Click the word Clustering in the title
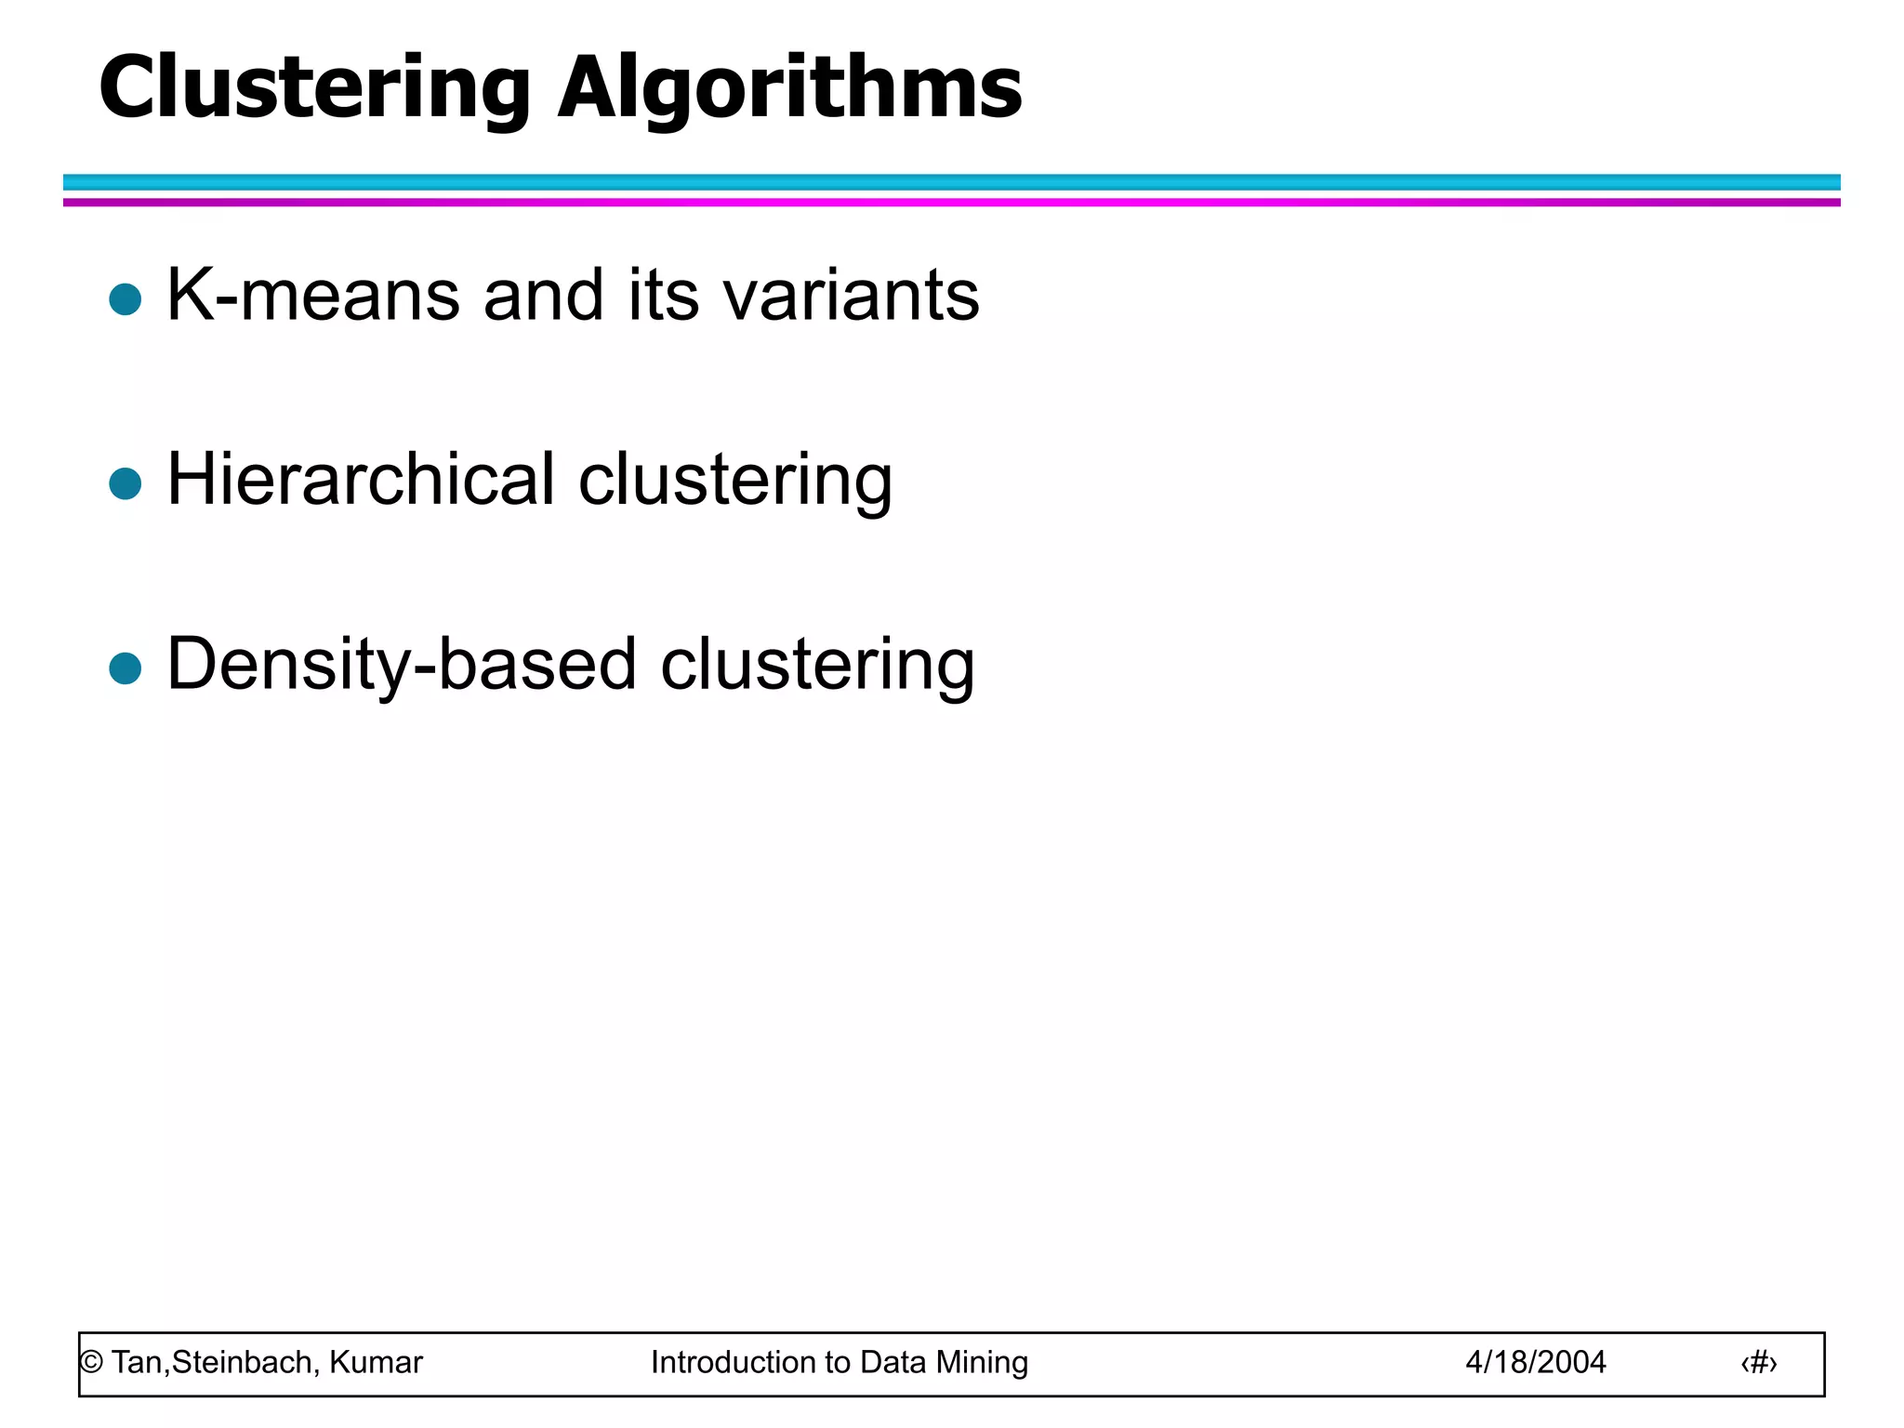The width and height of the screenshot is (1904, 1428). (x=314, y=88)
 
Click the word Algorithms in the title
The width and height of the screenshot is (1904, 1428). (x=789, y=88)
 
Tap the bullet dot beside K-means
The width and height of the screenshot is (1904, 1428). (x=125, y=299)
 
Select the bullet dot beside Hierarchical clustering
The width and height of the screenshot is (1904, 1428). (x=125, y=483)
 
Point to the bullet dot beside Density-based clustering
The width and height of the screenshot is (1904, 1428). (x=125, y=668)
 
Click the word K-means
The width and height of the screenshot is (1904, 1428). (x=313, y=296)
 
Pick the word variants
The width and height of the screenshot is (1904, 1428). (x=851, y=296)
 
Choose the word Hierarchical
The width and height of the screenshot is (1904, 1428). (x=362, y=480)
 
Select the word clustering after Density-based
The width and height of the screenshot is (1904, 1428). (x=817, y=666)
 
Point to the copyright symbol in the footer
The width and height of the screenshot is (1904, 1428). (x=91, y=1363)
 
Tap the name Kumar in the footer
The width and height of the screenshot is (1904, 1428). (x=376, y=1363)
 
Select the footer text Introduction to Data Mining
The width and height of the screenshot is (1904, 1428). (x=839, y=1363)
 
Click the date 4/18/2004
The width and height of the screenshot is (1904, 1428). (x=1535, y=1363)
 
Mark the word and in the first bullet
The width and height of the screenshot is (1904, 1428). (x=544, y=296)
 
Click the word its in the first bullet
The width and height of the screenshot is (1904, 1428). (x=663, y=296)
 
